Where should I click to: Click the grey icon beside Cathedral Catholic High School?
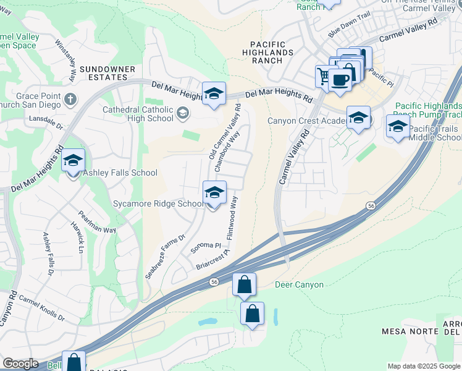click(x=182, y=113)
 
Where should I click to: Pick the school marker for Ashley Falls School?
click(x=73, y=161)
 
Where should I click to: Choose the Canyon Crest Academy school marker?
click(x=358, y=117)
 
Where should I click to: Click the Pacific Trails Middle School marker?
click(x=398, y=127)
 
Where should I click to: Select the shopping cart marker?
click(x=323, y=76)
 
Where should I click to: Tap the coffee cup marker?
click(x=340, y=80)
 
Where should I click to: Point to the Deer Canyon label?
click(x=299, y=285)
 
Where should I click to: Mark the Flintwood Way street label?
click(x=232, y=218)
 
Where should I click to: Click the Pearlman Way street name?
click(x=97, y=222)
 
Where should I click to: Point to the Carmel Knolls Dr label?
click(x=41, y=307)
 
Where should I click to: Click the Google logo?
click(x=20, y=364)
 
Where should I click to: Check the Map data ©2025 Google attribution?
click(x=423, y=366)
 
